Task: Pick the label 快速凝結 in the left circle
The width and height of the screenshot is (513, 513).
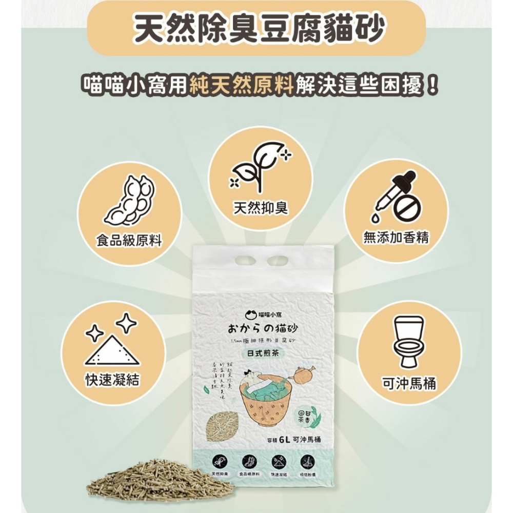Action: pos(112,380)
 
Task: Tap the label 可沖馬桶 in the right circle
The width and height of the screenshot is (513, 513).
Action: pos(408,383)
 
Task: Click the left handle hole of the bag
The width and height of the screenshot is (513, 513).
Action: pos(244,260)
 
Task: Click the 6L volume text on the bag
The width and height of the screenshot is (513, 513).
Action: pos(285,439)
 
